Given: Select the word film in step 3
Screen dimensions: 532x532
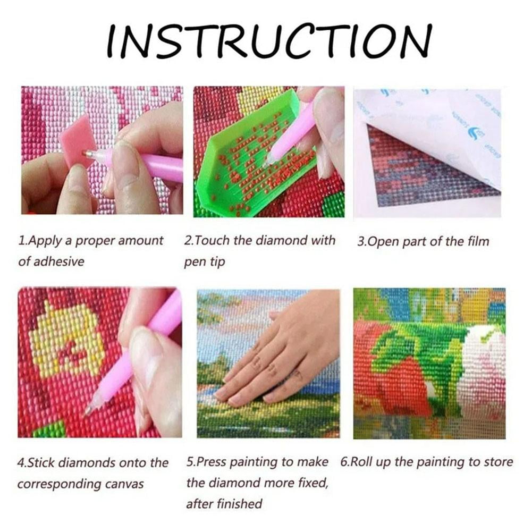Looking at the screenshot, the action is pyautogui.click(x=478, y=241).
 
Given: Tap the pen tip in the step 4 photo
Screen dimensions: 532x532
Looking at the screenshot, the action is pyautogui.click(x=88, y=411).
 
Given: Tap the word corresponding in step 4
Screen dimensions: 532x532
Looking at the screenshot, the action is pyautogui.click(x=59, y=485).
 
